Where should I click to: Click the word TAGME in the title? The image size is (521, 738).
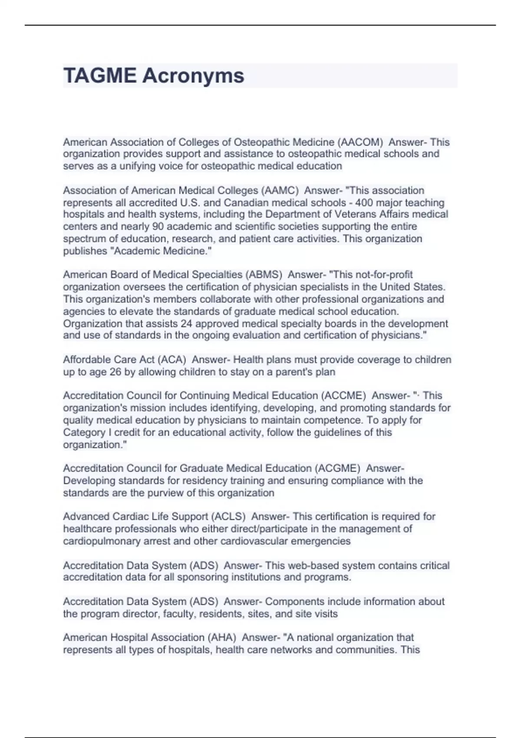click(x=99, y=76)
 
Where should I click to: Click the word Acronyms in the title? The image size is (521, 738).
click(x=193, y=76)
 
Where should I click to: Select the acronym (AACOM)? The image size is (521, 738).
click(x=360, y=142)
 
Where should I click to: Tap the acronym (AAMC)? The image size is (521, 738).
click(x=280, y=190)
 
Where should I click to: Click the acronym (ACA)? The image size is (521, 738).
click(x=171, y=359)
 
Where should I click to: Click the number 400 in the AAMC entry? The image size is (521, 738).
click(x=364, y=203)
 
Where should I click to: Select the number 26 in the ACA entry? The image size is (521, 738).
click(x=115, y=372)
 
